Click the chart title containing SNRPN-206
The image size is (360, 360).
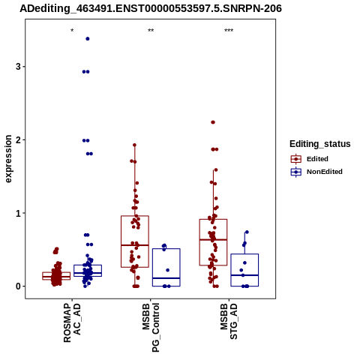tap(151, 8)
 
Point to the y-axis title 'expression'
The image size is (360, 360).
tap(8, 159)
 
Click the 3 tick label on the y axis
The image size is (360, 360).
tap(18, 67)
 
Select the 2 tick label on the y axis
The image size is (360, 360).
tap(18, 140)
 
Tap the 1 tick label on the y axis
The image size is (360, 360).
tap(18, 213)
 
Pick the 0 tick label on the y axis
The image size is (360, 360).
tap(18, 286)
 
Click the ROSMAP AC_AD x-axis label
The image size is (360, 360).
tap(72, 322)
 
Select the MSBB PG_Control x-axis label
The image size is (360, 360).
tap(151, 328)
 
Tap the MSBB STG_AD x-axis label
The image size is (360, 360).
tap(229, 322)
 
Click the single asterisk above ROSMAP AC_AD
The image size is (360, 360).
tap(72, 31)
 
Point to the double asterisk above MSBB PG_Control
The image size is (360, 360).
tap(151, 31)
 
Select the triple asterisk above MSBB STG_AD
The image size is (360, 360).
tap(229, 31)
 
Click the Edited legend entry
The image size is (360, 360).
tap(310, 159)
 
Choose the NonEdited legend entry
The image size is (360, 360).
tap(316, 172)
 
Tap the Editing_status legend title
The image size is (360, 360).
tap(320, 144)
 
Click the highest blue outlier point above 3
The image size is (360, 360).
tap(88, 39)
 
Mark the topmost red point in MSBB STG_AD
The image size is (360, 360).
tap(213, 122)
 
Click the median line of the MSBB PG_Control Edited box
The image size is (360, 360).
tap(135, 245)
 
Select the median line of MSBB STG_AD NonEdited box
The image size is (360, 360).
tap(244, 275)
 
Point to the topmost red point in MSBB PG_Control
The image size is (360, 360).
tap(134, 145)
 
